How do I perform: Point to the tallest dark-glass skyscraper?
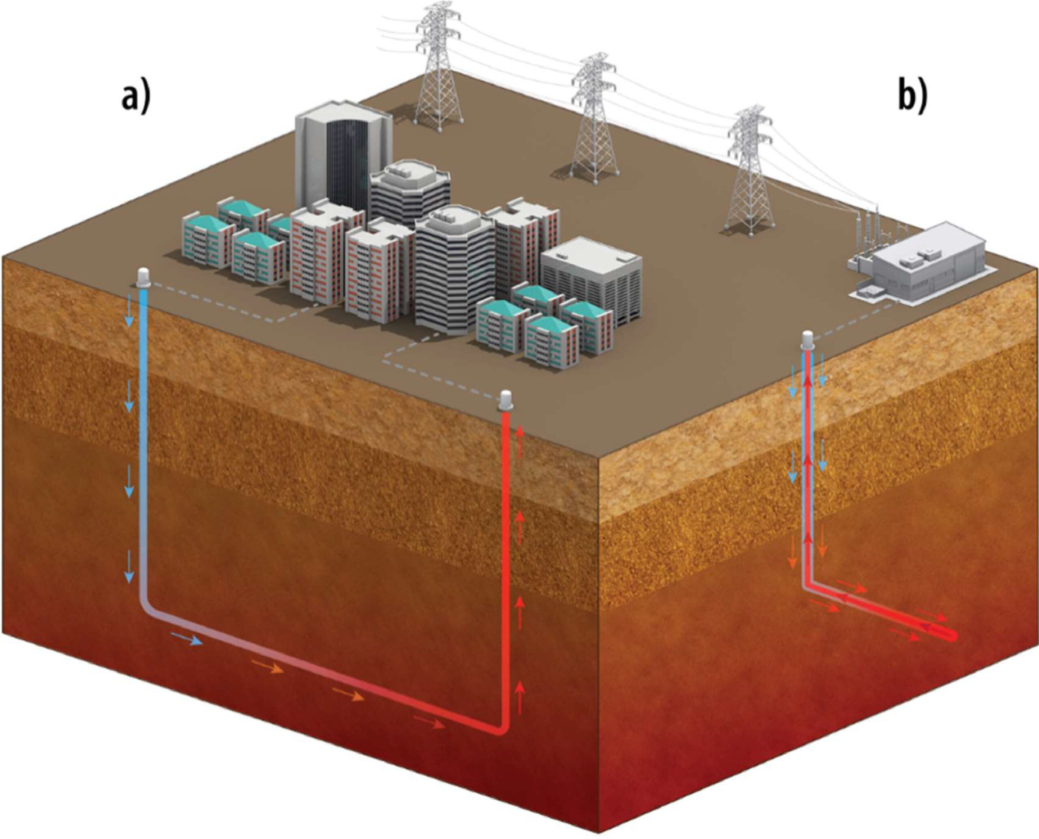tap(343, 157)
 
